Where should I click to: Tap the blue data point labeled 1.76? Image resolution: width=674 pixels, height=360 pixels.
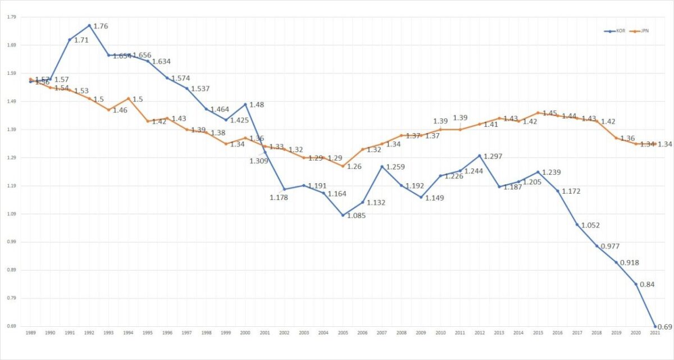[89, 25]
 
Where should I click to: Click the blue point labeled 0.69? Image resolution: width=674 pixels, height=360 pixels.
[655, 326]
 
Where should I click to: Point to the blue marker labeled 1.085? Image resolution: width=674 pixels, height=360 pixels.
[343, 215]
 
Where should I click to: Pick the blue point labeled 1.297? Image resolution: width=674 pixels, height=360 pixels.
[479, 156]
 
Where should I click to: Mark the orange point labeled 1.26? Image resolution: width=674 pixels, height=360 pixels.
[343, 166]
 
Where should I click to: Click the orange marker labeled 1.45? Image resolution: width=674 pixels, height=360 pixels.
[538, 112]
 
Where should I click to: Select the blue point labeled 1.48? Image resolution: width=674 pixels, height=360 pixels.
[245, 104]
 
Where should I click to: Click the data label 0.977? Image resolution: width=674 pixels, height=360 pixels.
[611, 247]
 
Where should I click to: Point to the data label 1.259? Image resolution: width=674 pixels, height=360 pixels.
[395, 167]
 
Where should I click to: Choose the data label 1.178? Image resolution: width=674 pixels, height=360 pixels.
[279, 197]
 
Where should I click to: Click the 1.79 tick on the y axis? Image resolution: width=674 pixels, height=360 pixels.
[11, 17]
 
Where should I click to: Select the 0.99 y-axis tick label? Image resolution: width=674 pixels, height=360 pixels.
[11, 242]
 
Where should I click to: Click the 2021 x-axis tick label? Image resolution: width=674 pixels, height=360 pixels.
[655, 334]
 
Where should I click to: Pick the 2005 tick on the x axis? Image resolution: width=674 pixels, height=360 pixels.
[343, 334]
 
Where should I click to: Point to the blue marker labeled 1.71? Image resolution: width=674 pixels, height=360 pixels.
[69, 39]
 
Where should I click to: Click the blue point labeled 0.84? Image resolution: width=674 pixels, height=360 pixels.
[636, 284]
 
